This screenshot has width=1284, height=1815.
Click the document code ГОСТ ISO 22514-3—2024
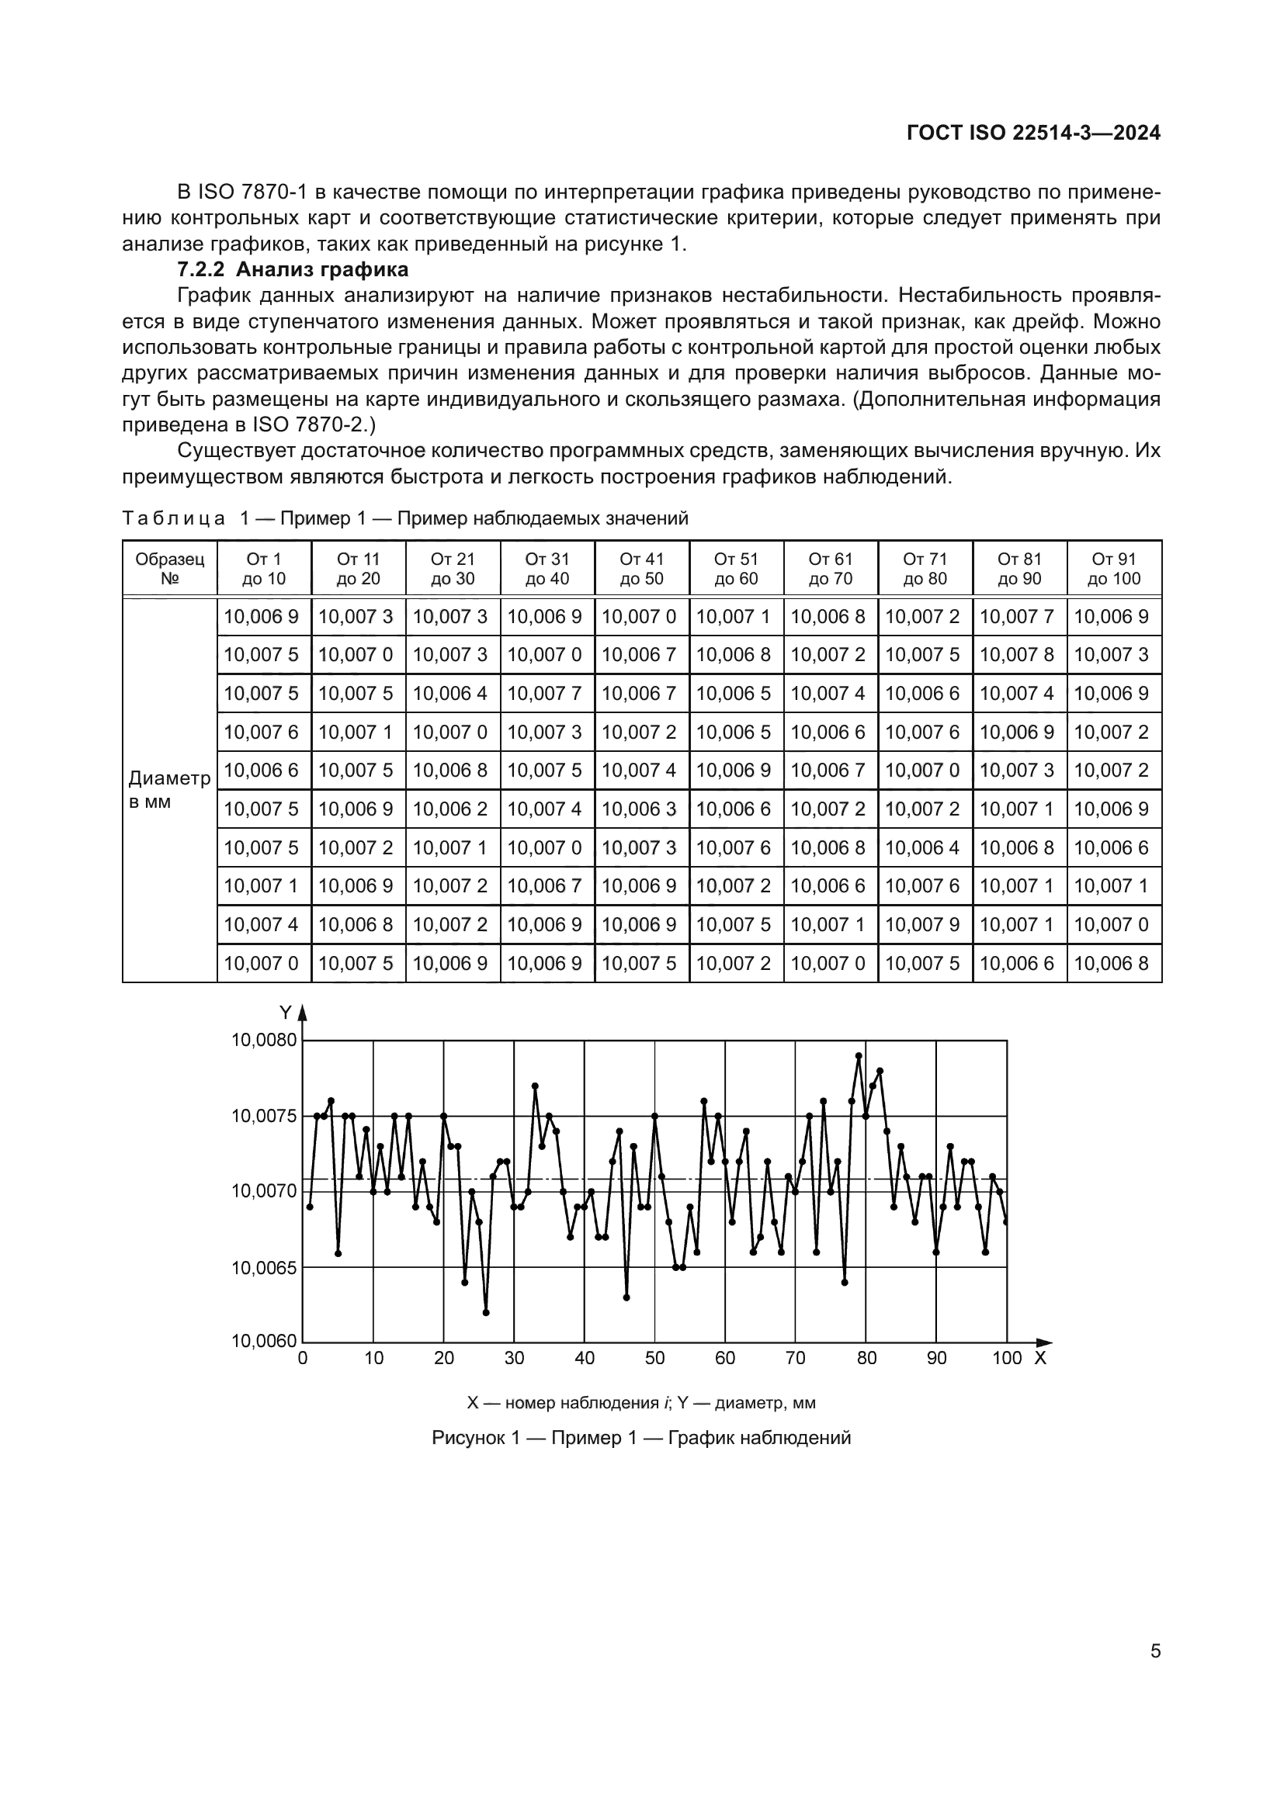click(1032, 133)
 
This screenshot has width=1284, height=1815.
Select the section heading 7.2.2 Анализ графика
click(293, 269)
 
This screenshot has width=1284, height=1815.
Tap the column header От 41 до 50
click(641, 568)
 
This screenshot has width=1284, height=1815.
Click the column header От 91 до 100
click(1113, 568)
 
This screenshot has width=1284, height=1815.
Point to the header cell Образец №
click(169, 568)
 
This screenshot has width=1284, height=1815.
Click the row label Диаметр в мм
click(169, 790)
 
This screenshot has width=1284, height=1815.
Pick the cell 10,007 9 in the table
click(925, 924)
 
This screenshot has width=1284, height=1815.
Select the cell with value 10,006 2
click(453, 809)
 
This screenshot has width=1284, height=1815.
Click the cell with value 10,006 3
click(641, 809)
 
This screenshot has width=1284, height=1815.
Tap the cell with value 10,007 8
click(1019, 655)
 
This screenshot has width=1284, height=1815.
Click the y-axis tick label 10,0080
click(264, 1041)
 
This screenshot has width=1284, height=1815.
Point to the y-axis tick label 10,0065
click(264, 1268)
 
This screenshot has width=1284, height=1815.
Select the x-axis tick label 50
click(654, 1359)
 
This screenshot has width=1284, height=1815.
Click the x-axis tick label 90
click(936, 1359)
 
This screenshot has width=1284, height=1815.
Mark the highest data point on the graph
click(859, 1055)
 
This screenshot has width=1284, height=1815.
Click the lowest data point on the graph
click(486, 1312)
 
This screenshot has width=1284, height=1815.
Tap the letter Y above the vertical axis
click(286, 1013)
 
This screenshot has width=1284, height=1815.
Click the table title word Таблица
click(174, 518)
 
